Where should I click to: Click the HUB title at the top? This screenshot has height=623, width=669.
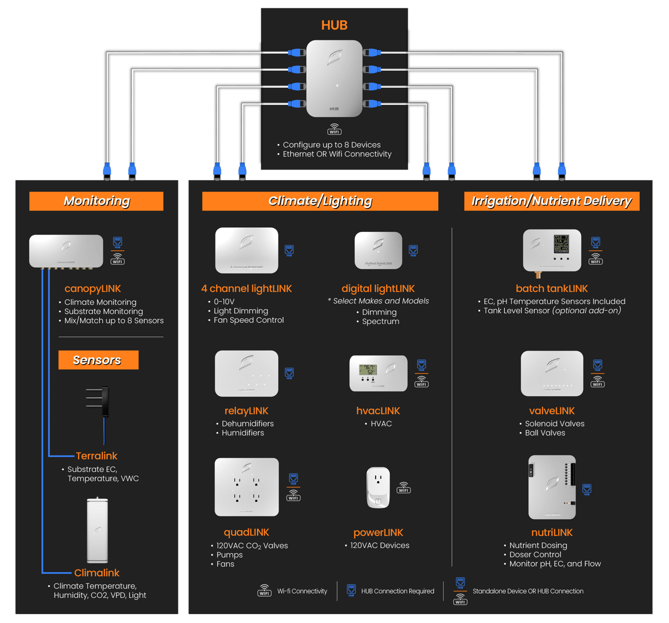334,25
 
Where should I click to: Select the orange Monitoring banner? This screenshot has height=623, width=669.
97,201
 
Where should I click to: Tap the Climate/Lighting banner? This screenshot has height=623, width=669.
320,201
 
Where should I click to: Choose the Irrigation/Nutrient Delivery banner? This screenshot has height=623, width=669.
551,201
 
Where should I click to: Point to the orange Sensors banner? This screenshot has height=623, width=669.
98,360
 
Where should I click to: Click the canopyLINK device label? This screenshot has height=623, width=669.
92,289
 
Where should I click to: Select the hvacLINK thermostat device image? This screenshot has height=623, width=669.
378,373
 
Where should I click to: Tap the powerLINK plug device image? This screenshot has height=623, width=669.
378,488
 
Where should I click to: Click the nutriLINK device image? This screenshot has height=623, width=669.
552,487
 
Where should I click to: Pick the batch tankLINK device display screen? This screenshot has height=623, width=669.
561,244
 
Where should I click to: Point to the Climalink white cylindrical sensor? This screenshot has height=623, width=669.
98,530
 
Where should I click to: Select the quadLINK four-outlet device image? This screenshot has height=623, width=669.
247,487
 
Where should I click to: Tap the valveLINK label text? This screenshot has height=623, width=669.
552,411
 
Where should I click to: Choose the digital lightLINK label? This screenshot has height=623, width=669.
378,289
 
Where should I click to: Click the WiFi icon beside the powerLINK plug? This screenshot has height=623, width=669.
403,488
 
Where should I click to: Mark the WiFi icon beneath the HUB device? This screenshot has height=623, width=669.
334,129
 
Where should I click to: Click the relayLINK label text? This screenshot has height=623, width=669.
246,411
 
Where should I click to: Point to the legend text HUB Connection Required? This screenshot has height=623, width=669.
397,592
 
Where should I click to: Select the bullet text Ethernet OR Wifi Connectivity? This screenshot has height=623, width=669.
337,154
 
